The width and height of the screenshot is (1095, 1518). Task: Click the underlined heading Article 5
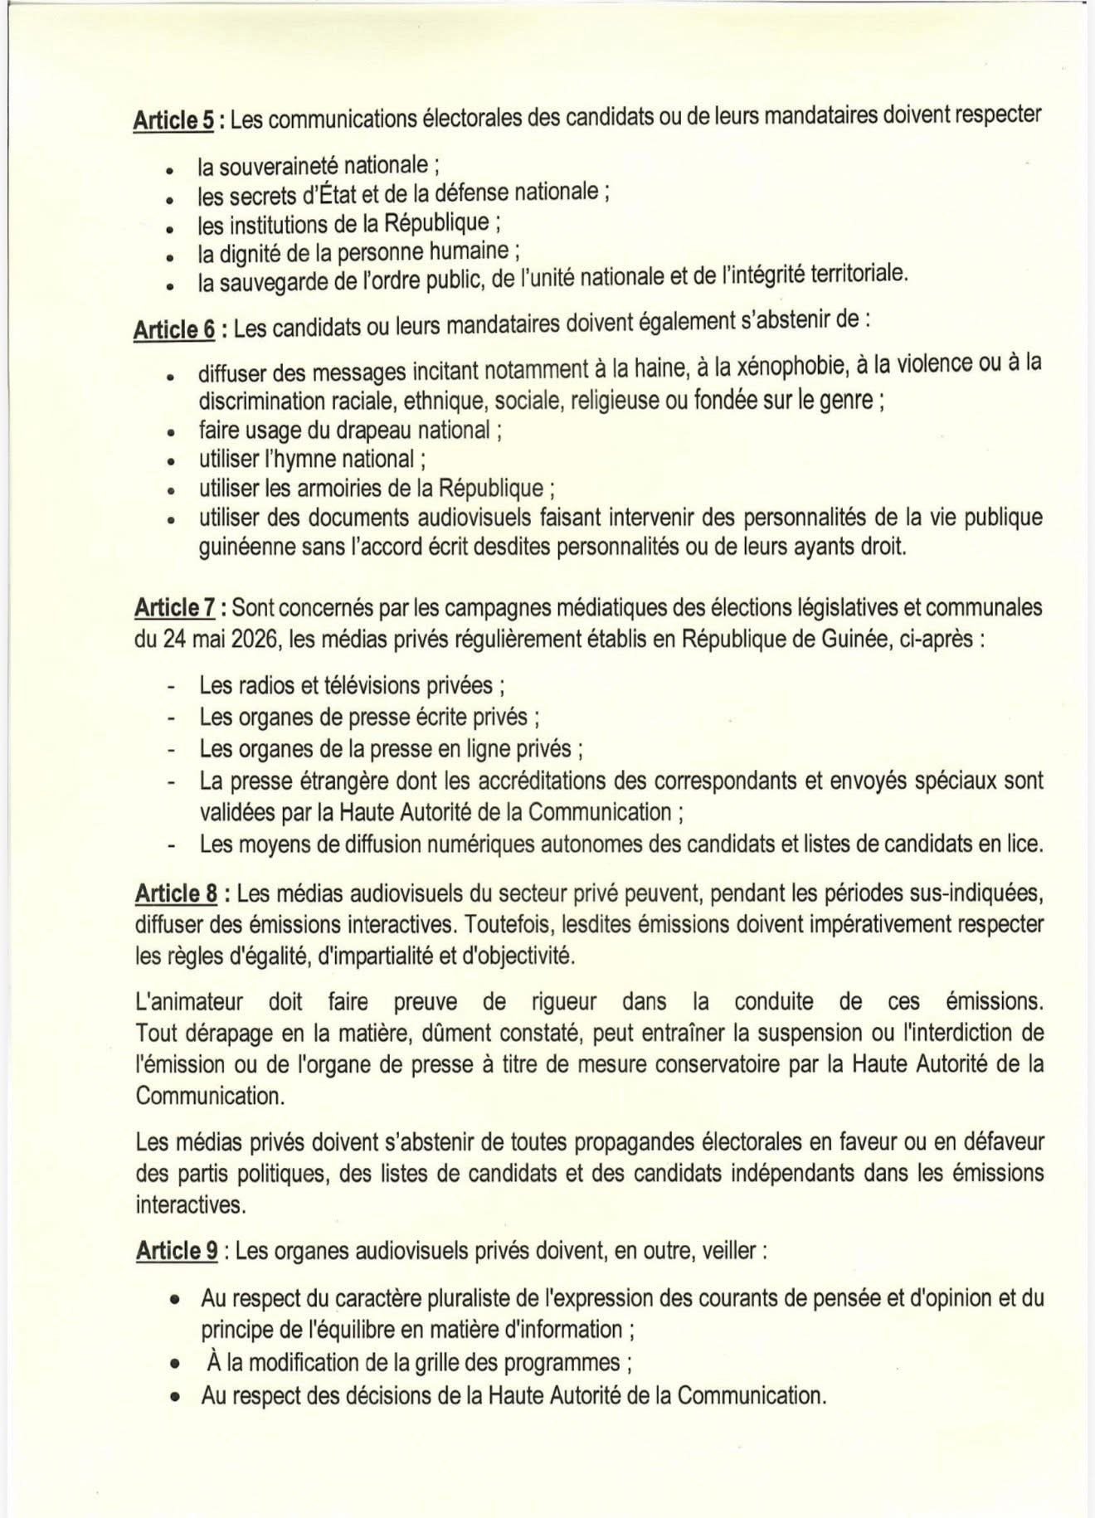pyautogui.click(x=174, y=121)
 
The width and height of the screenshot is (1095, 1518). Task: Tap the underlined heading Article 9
pyautogui.click(x=176, y=1251)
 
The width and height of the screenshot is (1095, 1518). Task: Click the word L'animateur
pyautogui.click(x=190, y=1001)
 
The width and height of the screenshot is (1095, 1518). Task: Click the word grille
pyautogui.click(x=435, y=1362)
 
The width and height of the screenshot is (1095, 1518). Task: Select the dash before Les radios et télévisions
pyautogui.click(x=171, y=687)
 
